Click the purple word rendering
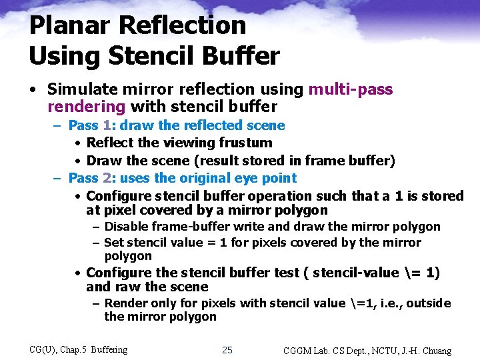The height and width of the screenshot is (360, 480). [x=87, y=107]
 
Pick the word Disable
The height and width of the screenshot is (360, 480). [x=127, y=227]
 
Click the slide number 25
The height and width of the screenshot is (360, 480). [x=227, y=350]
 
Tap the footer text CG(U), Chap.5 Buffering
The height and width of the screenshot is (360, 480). [x=79, y=349]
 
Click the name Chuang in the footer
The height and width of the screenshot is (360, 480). [x=435, y=351]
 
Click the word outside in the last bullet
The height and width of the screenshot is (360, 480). [x=428, y=303]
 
